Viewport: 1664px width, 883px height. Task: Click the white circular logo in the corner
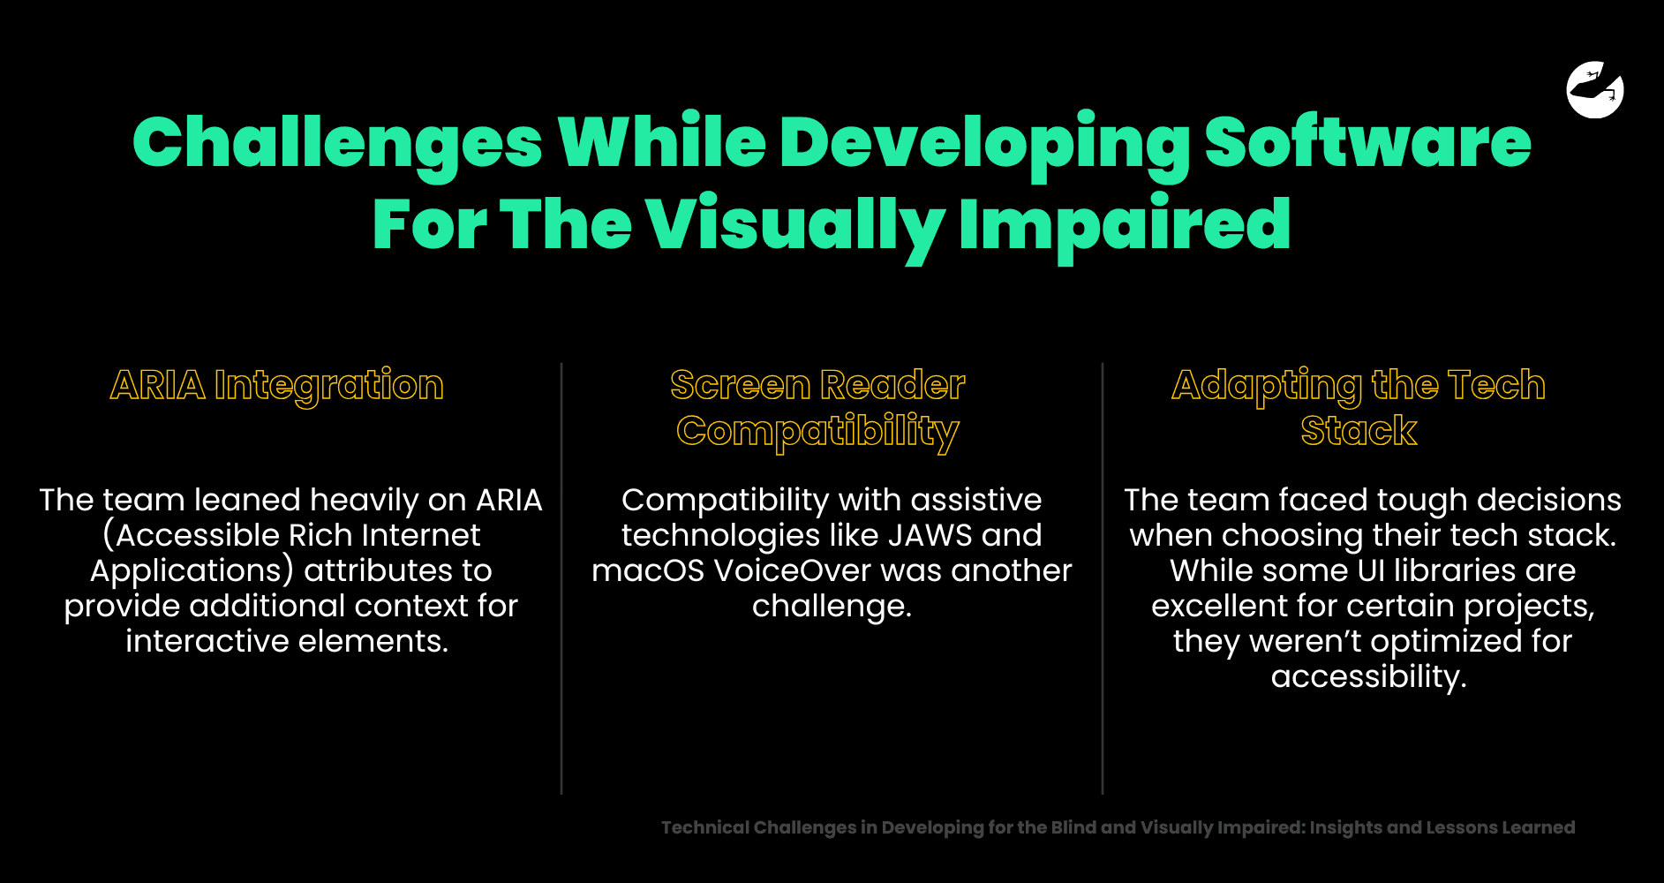(1595, 89)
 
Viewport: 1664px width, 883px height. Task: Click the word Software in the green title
(1367, 142)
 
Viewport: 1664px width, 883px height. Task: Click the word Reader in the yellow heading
(892, 385)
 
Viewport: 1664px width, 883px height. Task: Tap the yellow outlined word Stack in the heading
(1359, 431)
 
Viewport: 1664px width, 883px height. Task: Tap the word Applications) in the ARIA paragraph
(192, 571)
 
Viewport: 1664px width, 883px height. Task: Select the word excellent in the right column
(1227, 606)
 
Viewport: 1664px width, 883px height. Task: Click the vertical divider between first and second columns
(561, 578)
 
